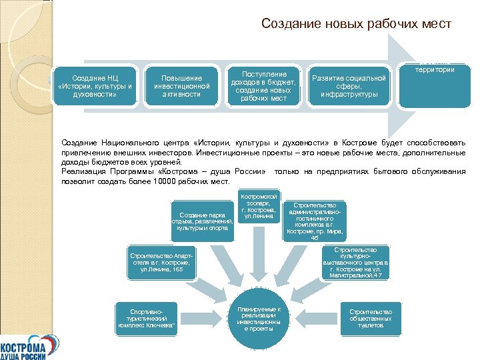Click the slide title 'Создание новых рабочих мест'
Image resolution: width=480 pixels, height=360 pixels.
[x=356, y=24]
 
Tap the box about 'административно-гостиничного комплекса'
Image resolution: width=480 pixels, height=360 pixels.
[x=314, y=220]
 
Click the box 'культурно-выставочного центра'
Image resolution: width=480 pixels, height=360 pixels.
[x=359, y=263]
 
